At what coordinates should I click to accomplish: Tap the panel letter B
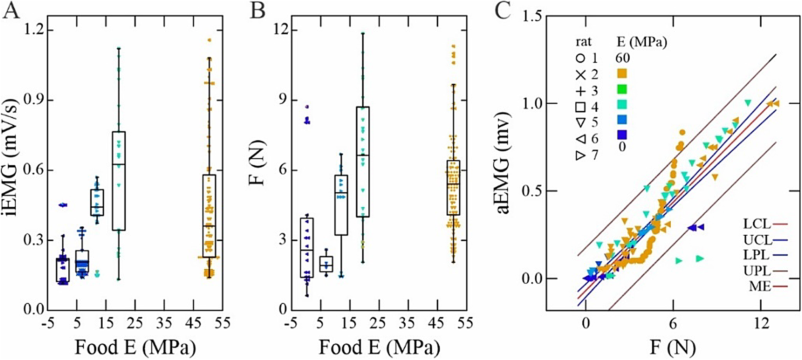click(x=258, y=11)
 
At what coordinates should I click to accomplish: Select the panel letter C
click(x=503, y=11)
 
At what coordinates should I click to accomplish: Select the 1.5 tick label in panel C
click(x=532, y=16)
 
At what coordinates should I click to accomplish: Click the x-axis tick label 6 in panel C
click(x=673, y=323)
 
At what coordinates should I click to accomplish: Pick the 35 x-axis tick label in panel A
click(x=164, y=323)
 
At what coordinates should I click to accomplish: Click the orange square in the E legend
click(x=622, y=74)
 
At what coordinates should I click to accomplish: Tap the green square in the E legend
click(x=622, y=89)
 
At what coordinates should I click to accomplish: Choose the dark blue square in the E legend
click(x=622, y=135)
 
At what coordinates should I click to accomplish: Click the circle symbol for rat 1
click(x=580, y=58)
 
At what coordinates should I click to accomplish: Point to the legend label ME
click(x=760, y=286)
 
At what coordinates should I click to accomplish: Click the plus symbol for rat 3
click(x=580, y=90)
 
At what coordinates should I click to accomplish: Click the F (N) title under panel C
click(x=673, y=347)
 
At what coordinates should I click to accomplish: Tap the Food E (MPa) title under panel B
click(x=379, y=347)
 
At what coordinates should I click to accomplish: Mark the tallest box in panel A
click(x=118, y=181)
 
